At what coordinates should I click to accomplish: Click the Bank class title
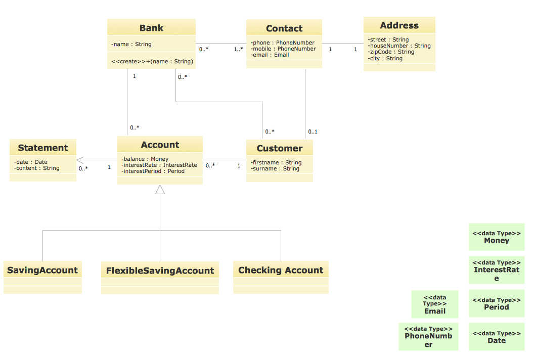pos(151,28)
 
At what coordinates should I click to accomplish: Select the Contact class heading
pos(284,28)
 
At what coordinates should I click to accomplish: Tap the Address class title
pos(399,25)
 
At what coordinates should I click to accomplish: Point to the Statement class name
pos(43,148)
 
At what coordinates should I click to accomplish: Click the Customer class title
pos(279,148)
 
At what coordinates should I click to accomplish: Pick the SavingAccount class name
pos(42,270)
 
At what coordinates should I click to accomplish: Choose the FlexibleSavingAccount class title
pos(160,271)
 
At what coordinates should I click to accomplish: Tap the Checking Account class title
pos(281,270)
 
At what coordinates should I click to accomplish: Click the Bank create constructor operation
pos(152,61)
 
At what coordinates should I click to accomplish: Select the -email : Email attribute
pos(270,55)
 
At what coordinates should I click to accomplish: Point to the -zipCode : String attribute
pos(391,52)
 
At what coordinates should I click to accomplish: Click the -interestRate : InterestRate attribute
pos(159,165)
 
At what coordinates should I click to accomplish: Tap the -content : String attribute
pos(37,168)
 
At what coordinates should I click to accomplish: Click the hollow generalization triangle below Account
pos(160,190)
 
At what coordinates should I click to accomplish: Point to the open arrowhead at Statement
pos(80,161)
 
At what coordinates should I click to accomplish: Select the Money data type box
pos(496,237)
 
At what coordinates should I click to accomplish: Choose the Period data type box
pos(496,303)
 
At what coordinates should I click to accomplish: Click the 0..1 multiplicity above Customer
pos(313,132)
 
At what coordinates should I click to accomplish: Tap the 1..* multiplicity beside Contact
pos(238,50)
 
